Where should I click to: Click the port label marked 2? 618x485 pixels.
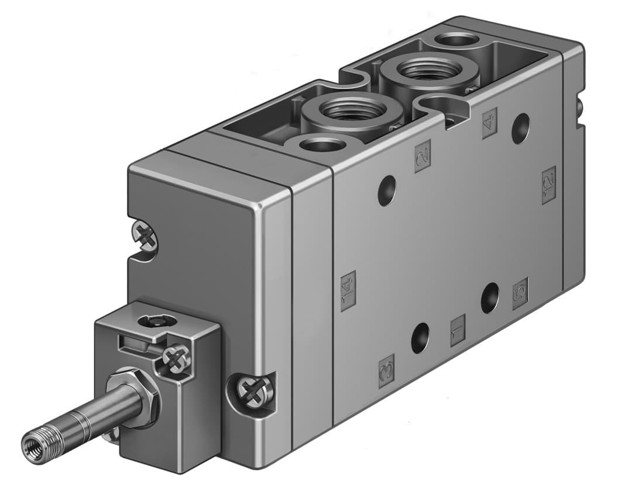click(423, 156)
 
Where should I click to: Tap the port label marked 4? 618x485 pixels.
click(489, 123)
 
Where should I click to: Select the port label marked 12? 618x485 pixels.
click(548, 185)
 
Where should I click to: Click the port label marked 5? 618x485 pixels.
click(520, 293)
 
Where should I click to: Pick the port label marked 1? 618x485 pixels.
click(458, 330)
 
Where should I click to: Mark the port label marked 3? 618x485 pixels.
click(386, 370)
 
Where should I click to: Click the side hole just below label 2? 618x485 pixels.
click(386, 190)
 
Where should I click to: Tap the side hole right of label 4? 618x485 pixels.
click(520, 129)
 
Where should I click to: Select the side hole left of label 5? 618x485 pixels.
click(490, 297)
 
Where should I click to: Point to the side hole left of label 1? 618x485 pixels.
click(420, 338)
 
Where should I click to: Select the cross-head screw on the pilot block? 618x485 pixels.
click(176, 359)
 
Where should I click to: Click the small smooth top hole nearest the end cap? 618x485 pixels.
click(321, 144)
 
